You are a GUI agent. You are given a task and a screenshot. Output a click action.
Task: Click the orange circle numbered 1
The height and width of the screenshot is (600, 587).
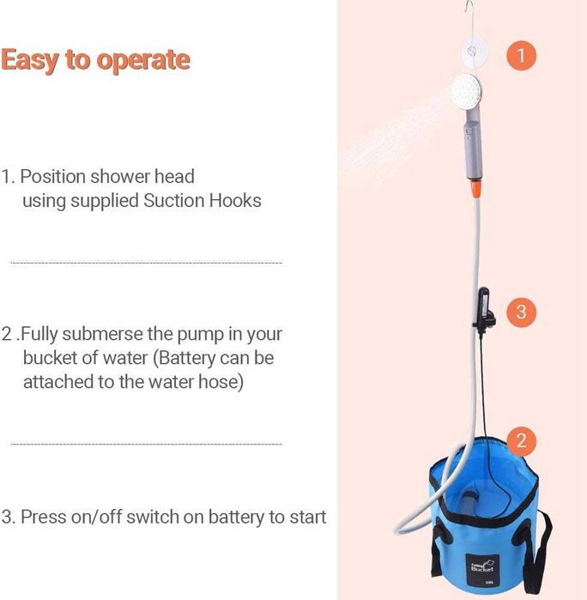(x=521, y=56)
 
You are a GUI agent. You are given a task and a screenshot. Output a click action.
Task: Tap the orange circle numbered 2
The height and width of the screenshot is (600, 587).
(x=521, y=441)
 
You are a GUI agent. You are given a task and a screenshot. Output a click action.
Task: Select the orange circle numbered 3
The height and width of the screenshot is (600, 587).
(x=521, y=312)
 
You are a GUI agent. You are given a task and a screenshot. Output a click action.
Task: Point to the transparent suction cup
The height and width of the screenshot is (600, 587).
(x=474, y=51)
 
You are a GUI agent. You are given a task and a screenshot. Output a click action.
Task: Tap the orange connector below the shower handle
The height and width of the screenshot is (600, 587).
(x=475, y=188)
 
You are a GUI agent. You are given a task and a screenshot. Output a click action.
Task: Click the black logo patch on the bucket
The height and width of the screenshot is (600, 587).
(x=482, y=568)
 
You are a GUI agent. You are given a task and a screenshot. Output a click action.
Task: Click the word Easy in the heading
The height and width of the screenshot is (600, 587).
(x=30, y=60)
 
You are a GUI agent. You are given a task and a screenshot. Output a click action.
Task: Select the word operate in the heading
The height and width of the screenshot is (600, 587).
(x=143, y=61)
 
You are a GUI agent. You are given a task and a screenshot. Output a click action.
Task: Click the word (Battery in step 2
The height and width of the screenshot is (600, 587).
(x=184, y=358)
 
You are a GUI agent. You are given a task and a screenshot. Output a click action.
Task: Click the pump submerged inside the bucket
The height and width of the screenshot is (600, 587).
(x=469, y=505)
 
